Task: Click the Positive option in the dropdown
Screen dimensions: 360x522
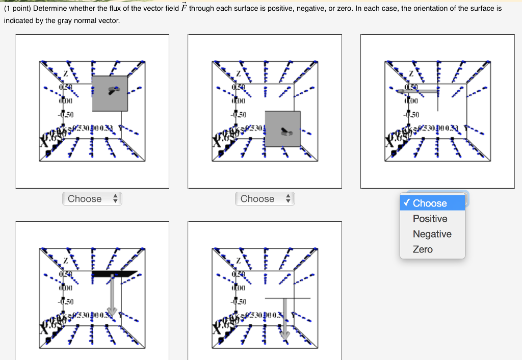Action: tap(430, 219)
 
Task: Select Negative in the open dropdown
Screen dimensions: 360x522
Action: tap(432, 234)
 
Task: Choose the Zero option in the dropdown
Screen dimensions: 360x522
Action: tap(423, 249)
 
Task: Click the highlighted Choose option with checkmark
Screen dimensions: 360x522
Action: tap(430, 203)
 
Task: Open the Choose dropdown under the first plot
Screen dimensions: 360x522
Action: tap(92, 199)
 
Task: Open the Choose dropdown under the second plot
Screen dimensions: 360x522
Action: tap(265, 199)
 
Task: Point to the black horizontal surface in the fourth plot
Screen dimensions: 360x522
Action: tap(115, 273)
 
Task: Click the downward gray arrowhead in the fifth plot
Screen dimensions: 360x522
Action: tap(285, 334)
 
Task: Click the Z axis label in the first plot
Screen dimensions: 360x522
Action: tap(65, 74)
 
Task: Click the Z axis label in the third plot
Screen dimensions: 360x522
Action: tap(410, 74)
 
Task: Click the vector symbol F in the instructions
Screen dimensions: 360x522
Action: tap(182, 8)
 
